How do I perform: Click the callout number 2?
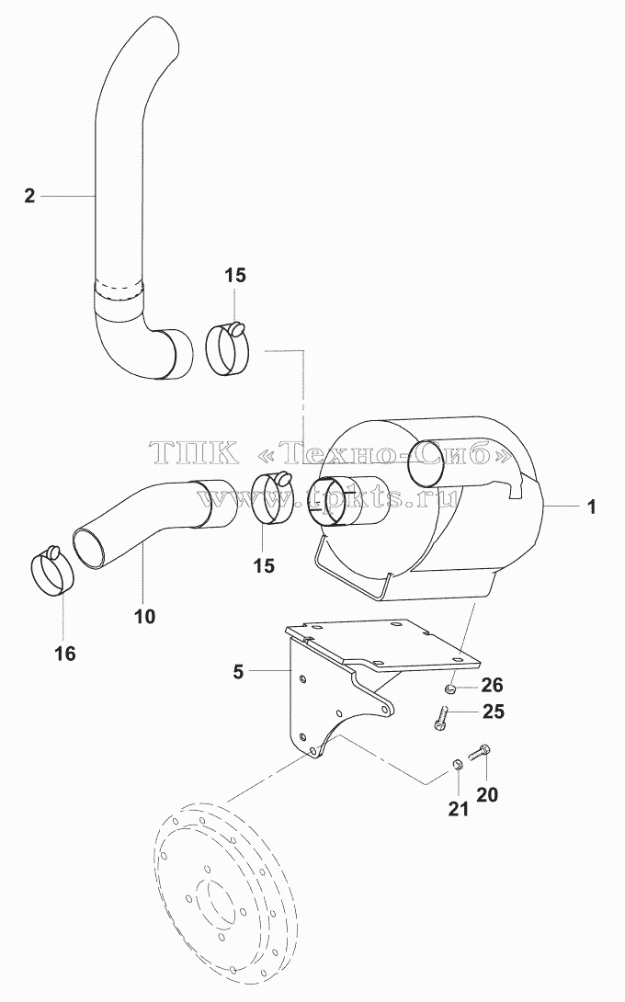[x=29, y=196]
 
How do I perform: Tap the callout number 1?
[x=592, y=507]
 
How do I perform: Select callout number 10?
[x=145, y=616]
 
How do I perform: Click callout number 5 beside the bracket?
[x=238, y=672]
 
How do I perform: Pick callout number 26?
[x=492, y=685]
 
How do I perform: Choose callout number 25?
[x=493, y=711]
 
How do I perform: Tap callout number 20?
[x=487, y=794]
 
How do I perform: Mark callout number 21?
[x=458, y=809]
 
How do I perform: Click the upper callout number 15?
[x=235, y=276]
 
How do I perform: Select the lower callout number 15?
[x=263, y=565]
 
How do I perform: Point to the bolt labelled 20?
[x=479, y=753]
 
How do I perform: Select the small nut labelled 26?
[x=449, y=688]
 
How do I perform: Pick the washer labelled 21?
[x=457, y=764]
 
